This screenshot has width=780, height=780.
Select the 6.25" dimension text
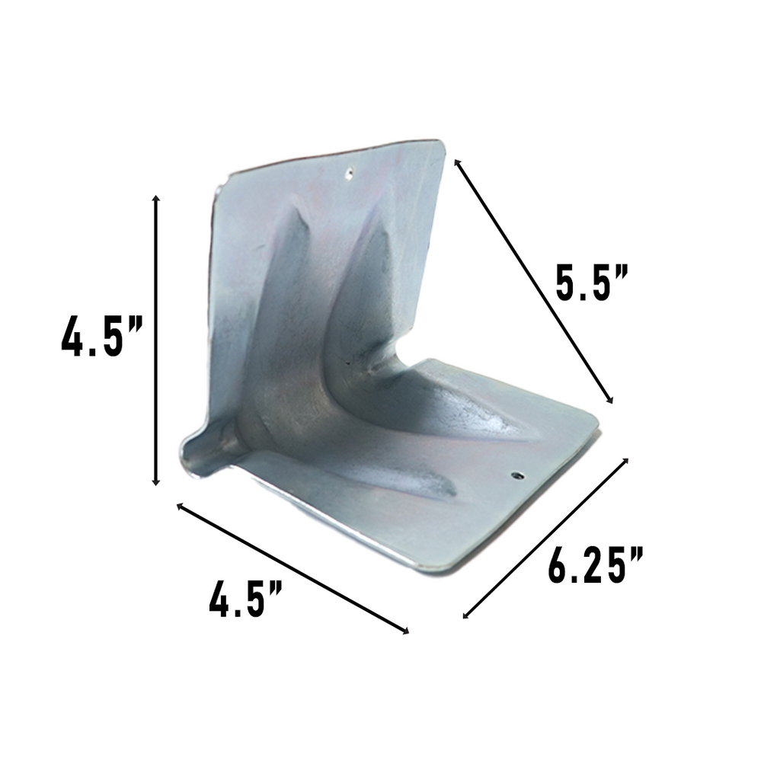click(596, 564)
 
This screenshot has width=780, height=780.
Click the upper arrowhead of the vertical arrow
click(156, 199)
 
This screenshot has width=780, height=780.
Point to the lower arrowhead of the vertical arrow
click(156, 481)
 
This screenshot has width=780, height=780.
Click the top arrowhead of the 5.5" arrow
click(457, 162)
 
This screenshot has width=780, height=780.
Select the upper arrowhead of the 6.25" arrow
click(625, 461)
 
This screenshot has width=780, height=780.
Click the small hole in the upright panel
click(348, 172)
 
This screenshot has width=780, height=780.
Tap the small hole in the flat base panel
click(517, 476)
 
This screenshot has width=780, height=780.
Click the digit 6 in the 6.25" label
click(560, 564)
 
